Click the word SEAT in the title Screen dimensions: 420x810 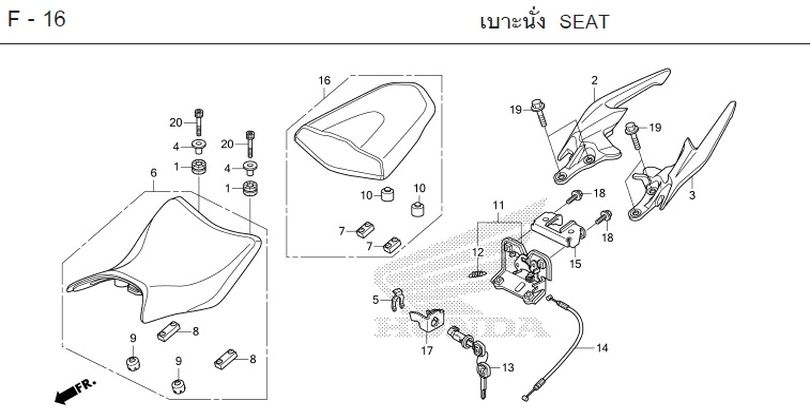pos(583,21)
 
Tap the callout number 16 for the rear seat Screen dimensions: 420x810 pos(324,81)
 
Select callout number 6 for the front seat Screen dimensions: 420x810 pos(153,172)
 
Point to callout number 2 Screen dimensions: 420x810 pos(594,81)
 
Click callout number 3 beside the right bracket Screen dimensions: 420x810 pos(692,196)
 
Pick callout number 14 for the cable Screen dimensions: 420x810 pos(601,349)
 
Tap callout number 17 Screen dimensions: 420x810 pos(426,350)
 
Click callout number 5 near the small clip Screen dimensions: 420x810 pos(375,299)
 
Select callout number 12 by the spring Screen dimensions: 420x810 pos(478,252)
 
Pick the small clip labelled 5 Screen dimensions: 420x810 pos(395,297)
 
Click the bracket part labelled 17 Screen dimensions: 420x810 pos(433,322)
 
